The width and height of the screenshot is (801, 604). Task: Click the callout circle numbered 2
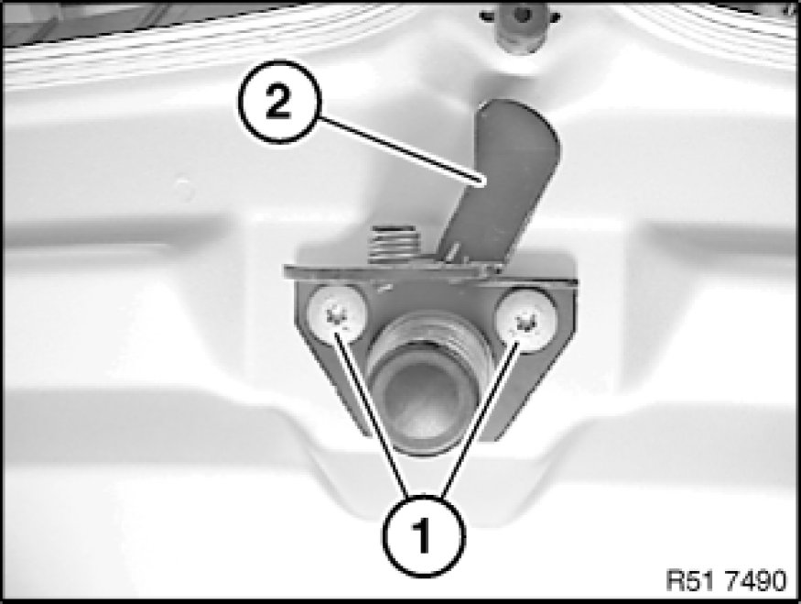point(279,102)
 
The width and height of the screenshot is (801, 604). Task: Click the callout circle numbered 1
point(424,536)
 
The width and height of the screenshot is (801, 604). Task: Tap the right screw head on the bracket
point(526,320)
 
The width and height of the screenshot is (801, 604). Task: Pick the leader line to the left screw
point(372,415)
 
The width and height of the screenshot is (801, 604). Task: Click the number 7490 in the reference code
point(758,581)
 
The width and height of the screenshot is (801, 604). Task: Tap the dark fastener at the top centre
point(520,27)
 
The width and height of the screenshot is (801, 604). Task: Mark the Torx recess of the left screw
point(336,315)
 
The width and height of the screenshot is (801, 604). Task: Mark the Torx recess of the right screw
point(525,322)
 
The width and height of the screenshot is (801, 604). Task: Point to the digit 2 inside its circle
point(278,103)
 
